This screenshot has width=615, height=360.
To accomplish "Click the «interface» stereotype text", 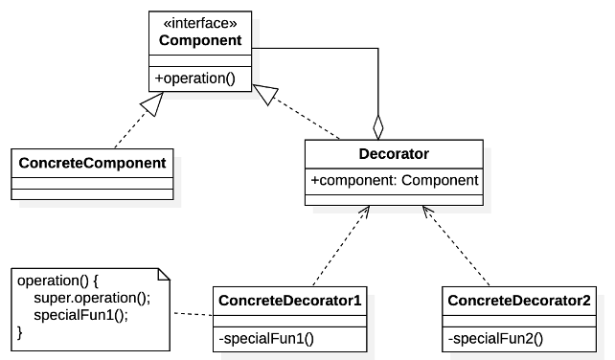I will pyautogui.click(x=199, y=23).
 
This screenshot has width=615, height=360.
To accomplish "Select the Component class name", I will pyautogui.click(x=199, y=40).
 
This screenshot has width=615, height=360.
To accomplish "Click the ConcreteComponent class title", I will pyautogui.click(x=92, y=162).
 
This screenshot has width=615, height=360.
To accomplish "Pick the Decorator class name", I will pyautogui.click(x=394, y=153).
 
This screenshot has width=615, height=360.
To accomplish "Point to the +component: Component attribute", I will pyautogui.click(x=394, y=179).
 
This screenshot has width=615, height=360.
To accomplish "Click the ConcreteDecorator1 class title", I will pyautogui.click(x=289, y=301).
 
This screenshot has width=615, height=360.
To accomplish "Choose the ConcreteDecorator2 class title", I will pyautogui.click(x=518, y=301).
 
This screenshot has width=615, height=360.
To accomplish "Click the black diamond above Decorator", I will pyautogui.click(x=378, y=125).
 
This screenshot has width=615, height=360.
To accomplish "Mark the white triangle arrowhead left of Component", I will pyautogui.click(x=149, y=106).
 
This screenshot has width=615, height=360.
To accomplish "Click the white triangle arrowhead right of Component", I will pyautogui.click(x=267, y=94).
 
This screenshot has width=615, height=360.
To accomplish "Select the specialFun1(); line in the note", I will pyautogui.click(x=80, y=314).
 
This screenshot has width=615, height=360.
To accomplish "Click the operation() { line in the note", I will pyautogui.click(x=58, y=281).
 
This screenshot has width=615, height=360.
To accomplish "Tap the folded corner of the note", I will pyautogui.click(x=163, y=276).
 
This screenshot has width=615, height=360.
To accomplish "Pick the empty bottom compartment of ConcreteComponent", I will pyautogui.click(x=92, y=194).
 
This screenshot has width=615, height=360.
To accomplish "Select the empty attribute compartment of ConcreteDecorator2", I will pyautogui.click(x=518, y=320).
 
